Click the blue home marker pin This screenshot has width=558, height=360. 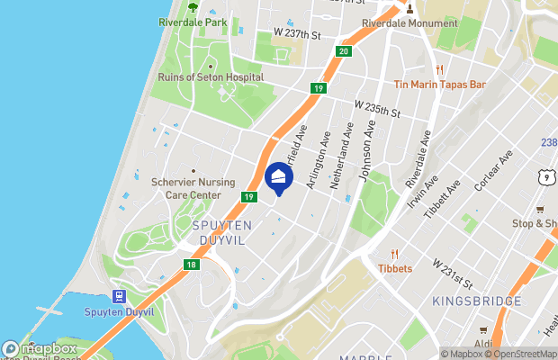(279, 177)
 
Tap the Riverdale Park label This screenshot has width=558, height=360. (193, 22)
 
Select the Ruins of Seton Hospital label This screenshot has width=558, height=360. (211, 77)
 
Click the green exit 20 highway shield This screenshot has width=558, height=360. (344, 51)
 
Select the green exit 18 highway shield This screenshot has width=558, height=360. (191, 265)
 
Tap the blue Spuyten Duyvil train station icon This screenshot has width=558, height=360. (118, 297)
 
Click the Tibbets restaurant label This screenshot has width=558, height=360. (395, 268)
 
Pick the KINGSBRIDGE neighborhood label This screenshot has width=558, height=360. (477, 301)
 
